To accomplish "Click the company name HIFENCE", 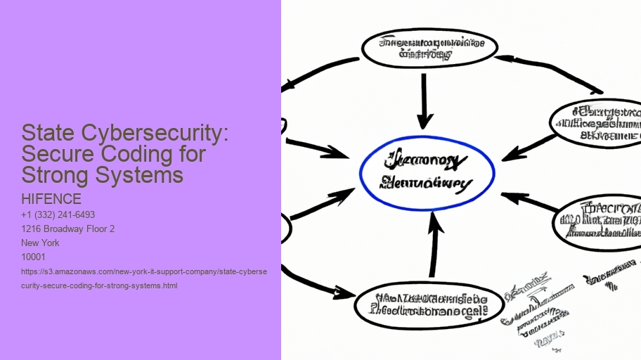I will pyautogui.click(x=51, y=200).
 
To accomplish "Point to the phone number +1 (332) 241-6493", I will pyautogui.click(x=58, y=214).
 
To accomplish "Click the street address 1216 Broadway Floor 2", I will pyautogui.click(x=68, y=229).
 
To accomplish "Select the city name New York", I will pyautogui.click(x=41, y=243).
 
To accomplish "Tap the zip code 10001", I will pyautogui.click(x=34, y=257).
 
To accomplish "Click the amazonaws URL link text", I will pyautogui.click(x=144, y=278).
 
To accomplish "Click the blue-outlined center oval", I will pyautogui.click(x=427, y=174).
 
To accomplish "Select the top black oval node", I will pyautogui.click(x=429, y=47).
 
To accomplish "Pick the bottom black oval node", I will pyautogui.click(x=429, y=303).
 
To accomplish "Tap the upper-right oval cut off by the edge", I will pyautogui.click(x=597, y=123).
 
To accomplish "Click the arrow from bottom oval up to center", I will pyautogui.click(x=434, y=246).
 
